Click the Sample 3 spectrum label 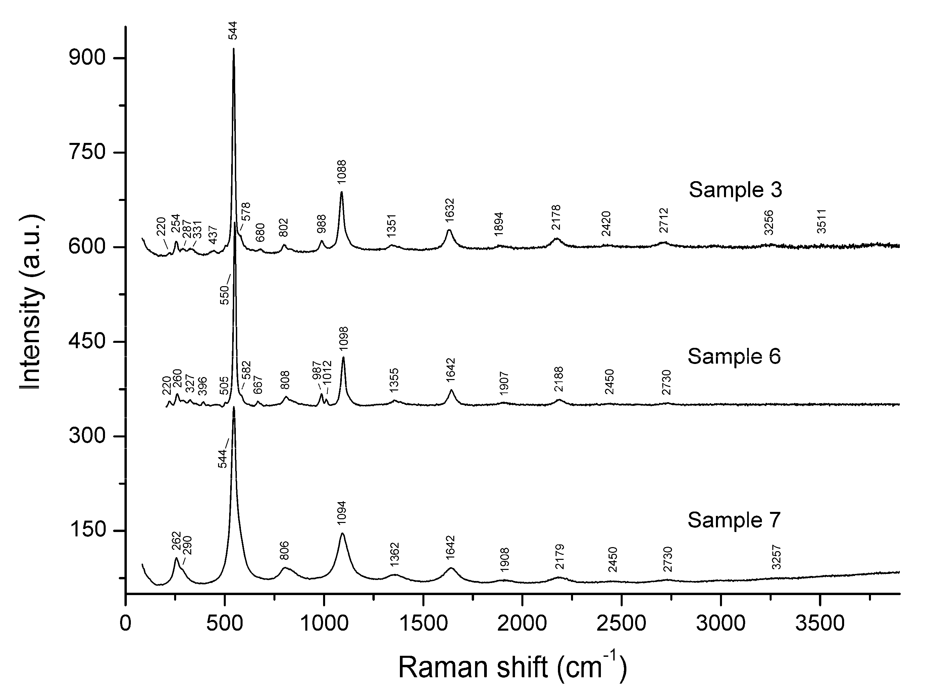[x=735, y=190]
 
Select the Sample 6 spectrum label [x=734, y=357]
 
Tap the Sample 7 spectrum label [x=734, y=520]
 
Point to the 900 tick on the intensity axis [x=87, y=58]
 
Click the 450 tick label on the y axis [x=87, y=342]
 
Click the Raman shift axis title [x=513, y=667]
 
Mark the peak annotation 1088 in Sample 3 [x=342, y=171]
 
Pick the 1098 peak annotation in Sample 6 [x=344, y=338]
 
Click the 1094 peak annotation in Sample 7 [x=342, y=513]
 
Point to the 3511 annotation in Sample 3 [x=821, y=221]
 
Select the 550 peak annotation [x=225, y=295]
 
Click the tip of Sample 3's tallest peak [x=234, y=49]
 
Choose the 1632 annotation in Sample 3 [x=450, y=210]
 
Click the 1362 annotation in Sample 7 [x=395, y=554]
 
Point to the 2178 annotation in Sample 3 [x=556, y=217]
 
